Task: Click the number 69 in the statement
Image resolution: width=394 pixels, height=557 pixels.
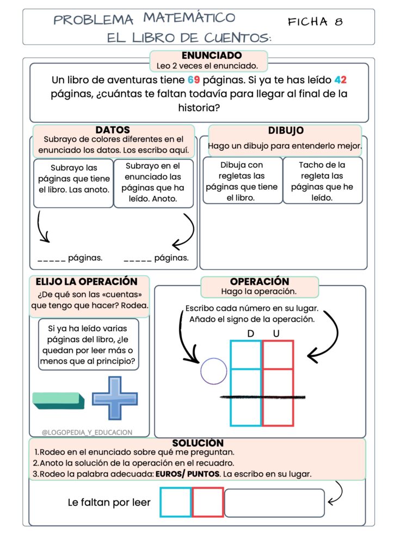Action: [194, 80]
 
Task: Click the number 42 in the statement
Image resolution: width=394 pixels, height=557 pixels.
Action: [341, 80]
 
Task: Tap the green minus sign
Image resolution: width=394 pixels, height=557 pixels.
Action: [59, 400]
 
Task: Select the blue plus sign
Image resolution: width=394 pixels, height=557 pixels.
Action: [114, 398]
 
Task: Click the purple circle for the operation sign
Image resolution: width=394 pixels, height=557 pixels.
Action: [214, 372]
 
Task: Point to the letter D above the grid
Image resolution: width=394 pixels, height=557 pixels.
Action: [250, 333]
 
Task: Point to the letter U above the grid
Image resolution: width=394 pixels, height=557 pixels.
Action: [276, 333]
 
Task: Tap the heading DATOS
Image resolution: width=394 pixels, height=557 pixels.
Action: [113, 130]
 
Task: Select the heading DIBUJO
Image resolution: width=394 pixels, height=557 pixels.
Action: [286, 131]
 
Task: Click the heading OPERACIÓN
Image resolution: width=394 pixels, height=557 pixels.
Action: [260, 282]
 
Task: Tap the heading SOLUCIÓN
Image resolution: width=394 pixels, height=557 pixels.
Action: [198, 443]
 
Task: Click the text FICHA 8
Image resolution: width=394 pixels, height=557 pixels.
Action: [316, 22]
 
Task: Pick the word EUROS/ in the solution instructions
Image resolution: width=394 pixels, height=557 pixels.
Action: [171, 474]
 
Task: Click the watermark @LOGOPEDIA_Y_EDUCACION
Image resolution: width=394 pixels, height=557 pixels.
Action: [87, 432]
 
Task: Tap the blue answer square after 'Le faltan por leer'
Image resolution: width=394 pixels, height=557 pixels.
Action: [176, 502]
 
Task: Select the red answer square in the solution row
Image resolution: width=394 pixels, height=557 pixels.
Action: [207, 502]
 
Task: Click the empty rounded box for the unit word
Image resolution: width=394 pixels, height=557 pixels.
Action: [274, 503]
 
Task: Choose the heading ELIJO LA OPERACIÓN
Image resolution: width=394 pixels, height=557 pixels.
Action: [87, 282]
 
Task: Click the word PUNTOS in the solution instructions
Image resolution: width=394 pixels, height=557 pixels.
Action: [204, 474]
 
